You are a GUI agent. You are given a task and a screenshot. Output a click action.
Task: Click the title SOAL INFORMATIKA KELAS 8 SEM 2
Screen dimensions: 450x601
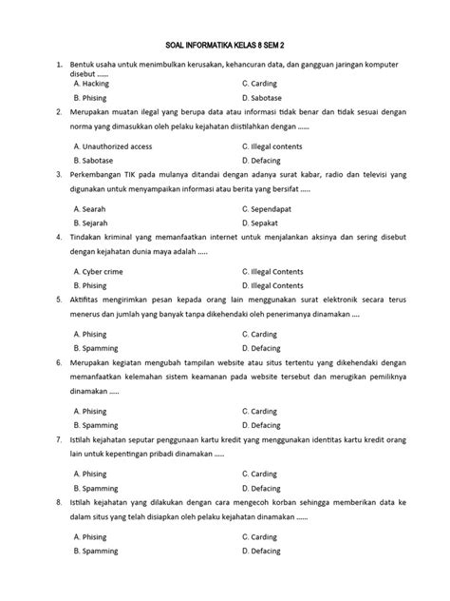tap(224, 44)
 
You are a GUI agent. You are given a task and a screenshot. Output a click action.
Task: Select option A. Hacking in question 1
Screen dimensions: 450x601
tap(92, 84)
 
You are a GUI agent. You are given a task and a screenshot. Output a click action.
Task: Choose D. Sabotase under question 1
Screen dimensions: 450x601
tap(264, 98)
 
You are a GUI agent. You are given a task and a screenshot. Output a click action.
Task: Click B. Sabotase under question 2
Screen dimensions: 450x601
tap(94, 162)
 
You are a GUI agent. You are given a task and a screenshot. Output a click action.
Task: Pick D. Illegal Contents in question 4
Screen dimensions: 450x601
tap(273, 285)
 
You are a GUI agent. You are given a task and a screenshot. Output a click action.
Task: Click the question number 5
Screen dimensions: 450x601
tap(59, 299)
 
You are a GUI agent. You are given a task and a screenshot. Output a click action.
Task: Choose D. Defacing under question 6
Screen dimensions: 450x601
tap(263, 425)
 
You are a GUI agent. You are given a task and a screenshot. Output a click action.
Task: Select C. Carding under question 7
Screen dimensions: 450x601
tap(262, 473)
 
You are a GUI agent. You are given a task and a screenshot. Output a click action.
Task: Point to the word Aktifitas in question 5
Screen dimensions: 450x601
tap(88, 299)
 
